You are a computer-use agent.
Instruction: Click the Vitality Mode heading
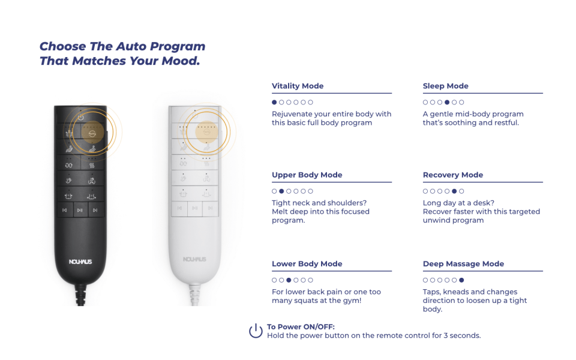pos(298,86)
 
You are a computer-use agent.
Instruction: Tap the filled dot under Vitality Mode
pos(274,102)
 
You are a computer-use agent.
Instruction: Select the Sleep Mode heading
pos(446,86)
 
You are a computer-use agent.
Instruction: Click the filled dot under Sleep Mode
pos(446,102)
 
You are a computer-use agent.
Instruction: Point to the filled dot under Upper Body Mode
pos(281,191)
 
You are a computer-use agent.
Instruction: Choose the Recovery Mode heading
pos(453,175)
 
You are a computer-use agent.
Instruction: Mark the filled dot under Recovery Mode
pos(454,191)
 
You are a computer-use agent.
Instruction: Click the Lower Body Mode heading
pos(307,264)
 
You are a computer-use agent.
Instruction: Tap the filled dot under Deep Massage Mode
pos(461,280)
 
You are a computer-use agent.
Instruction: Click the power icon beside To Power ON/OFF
pos(256,331)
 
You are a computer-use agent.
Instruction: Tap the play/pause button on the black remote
pos(80,210)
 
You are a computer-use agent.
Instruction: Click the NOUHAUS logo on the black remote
pos(80,262)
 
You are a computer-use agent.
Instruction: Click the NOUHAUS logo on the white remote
pos(194,259)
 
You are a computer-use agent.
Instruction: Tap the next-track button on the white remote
pos(210,208)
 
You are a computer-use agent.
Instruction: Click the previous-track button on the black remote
pos(65,210)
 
